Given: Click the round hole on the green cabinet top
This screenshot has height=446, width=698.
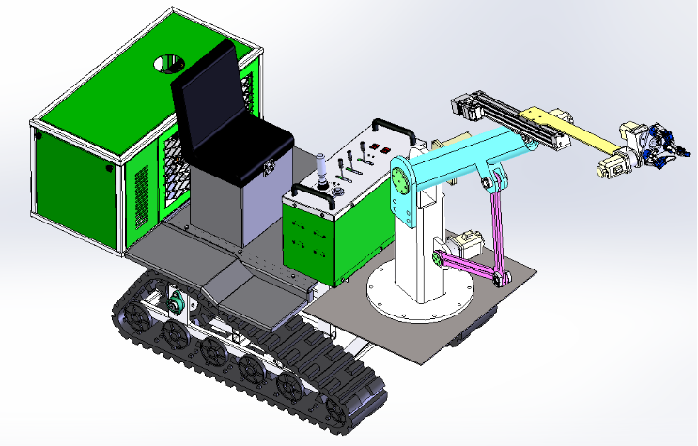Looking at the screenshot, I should [170, 64].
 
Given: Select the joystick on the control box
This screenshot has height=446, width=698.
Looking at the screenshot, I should [322, 172].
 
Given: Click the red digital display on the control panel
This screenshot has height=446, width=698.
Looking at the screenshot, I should [381, 148].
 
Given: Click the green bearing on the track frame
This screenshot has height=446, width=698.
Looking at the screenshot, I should [175, 302].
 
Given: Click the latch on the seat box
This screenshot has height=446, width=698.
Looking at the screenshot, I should [268, 168].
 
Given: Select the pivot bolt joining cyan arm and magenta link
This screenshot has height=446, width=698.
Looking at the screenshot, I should [487, 182].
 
